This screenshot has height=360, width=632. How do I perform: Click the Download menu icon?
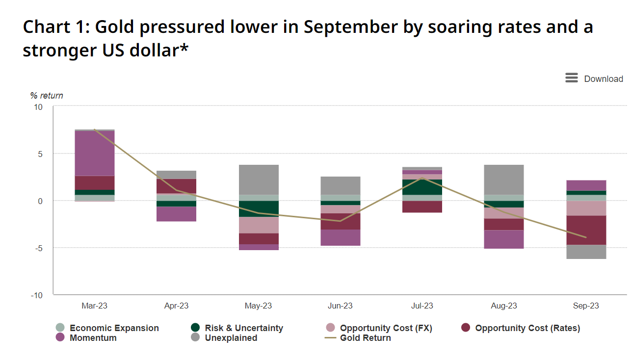coord(571,78)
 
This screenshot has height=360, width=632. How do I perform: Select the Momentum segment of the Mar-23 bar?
coord(95,153)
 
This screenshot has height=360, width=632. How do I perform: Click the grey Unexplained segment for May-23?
coord(259,180)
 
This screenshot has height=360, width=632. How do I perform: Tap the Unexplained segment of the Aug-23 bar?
coord(504,180)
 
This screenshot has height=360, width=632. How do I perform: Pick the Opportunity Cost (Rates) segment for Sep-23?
coord(586,230)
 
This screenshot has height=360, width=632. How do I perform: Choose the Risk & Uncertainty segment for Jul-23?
coord(422,187)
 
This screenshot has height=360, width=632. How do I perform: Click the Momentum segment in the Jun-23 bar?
coord(340,237)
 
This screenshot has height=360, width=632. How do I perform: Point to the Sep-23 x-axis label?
coord(586,306)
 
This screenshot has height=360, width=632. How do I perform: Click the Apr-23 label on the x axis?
coord(177,306)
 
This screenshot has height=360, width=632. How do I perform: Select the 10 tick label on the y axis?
coord(38,107)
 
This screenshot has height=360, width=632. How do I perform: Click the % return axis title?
coord(47,96)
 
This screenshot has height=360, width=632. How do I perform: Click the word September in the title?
coord(350,27)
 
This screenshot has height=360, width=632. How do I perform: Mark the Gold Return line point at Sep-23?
coord(586,237)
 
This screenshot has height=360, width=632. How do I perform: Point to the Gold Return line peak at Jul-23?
coord(422,178)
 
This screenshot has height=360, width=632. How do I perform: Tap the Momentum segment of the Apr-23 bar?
coord(177,214)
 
